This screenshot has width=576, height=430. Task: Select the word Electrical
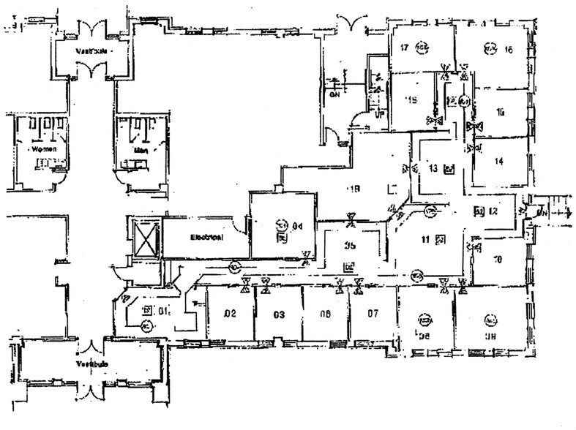[x=206, y=237]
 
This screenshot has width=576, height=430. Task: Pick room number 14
[x=499, y=162]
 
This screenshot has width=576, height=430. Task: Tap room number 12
[x=493, y=211]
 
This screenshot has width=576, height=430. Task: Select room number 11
[x=424, y=238]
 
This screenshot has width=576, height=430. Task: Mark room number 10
[x=497, y=258]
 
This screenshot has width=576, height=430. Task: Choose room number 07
[x=373, y=314]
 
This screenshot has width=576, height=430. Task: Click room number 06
[x=326, y=314]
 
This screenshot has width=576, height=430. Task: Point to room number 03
[x=278, y=314]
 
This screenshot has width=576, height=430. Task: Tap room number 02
[x=230, y=314]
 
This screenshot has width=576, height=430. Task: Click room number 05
[x=350, y=246]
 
